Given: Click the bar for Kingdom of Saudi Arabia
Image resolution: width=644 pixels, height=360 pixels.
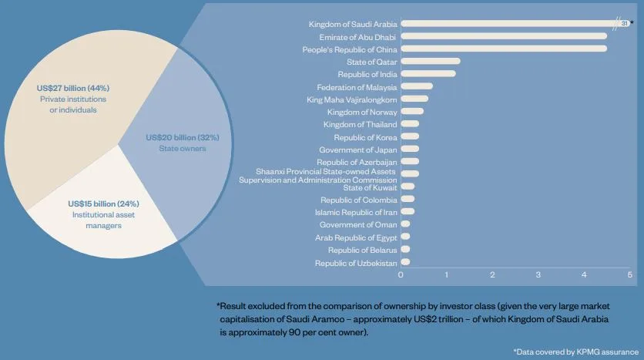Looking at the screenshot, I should (x=508, y=23).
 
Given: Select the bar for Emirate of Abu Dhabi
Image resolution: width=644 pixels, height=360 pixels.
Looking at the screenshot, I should (x=504, y=36).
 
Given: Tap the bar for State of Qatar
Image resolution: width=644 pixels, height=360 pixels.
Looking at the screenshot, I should (x=431, y=61).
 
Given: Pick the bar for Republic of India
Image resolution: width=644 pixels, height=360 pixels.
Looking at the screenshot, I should (x=428, y=74).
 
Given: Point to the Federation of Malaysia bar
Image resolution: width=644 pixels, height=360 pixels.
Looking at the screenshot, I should (x=417, y=86).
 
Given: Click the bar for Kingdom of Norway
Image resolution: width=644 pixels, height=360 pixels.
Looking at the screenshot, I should (x=412, y=111).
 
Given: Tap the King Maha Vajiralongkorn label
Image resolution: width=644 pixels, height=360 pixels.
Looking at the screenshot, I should (x=352, y=99).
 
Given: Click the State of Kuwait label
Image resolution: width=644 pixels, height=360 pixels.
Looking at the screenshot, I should (x=371, y=187).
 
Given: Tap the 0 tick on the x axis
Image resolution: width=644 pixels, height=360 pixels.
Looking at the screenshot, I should (x=401, y=274).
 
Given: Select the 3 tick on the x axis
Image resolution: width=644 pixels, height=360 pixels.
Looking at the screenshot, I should (x=538, y=274).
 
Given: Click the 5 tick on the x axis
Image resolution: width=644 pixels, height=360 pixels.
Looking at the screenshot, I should (x=629, y=274).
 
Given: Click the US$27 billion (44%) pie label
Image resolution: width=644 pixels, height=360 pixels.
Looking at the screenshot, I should (x=72, y=87).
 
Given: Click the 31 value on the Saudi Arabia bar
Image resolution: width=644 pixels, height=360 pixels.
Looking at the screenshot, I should (x=624, y=23).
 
